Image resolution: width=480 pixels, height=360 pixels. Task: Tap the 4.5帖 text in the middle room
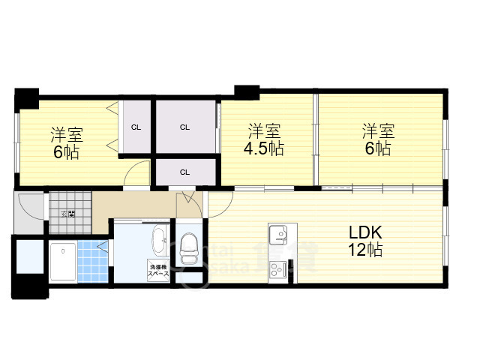(263, 148)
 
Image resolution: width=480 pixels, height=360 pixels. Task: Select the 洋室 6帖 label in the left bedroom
(66, 142)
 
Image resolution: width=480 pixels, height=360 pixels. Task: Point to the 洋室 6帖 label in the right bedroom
(377, 139)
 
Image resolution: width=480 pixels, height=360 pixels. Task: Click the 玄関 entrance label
(68, 214)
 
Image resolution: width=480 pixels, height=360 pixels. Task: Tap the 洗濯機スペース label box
(158, 271)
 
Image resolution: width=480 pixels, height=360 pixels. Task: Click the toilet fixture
(188, 250)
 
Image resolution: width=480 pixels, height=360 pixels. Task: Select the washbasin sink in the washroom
(159, 241)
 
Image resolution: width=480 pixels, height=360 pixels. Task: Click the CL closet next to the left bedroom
(136, 127)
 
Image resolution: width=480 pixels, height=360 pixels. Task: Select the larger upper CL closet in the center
(185, 127)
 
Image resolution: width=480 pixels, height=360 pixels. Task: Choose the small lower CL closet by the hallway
(184, 172)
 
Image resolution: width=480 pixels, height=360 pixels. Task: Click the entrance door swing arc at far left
(31, 207)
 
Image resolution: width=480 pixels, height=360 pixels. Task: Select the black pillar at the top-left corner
(27, 97)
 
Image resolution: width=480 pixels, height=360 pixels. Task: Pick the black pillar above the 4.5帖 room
(246, 92)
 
